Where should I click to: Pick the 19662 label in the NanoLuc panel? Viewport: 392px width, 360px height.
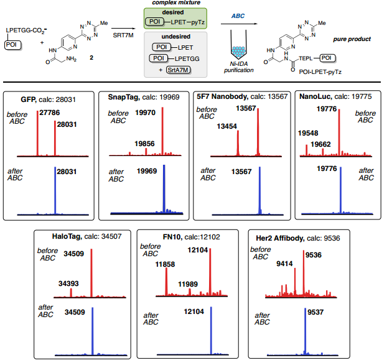(322, 144)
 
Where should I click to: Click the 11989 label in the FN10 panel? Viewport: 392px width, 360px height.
(190, 284)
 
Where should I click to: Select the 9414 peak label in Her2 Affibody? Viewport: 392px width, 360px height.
(287, 264)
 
